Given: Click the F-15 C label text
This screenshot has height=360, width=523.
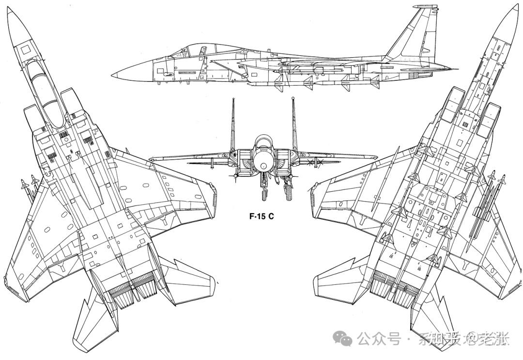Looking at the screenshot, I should point(261,217).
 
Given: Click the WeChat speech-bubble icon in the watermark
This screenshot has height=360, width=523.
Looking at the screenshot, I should point(346,339).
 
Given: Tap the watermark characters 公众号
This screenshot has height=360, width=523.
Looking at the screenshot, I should point(379,339).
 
